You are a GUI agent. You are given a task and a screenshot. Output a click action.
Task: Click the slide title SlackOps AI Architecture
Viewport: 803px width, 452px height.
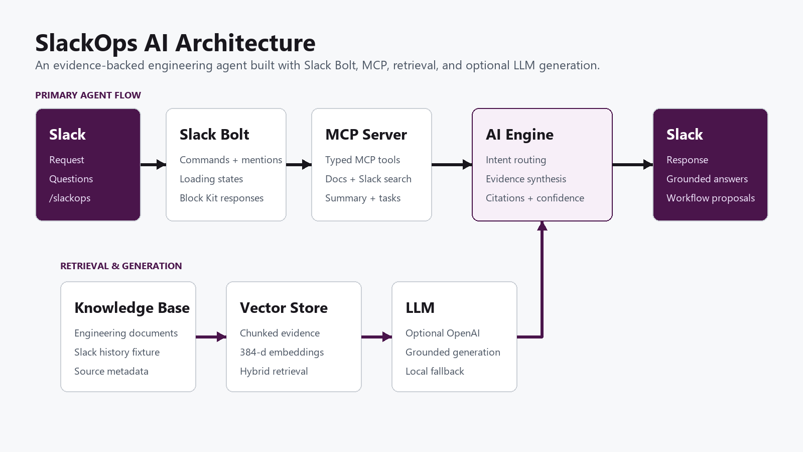point(175,43)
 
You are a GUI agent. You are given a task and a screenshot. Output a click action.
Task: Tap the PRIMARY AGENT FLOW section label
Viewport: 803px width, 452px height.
point(88,95)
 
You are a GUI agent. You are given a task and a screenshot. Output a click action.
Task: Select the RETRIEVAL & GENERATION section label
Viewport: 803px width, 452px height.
point(121,266)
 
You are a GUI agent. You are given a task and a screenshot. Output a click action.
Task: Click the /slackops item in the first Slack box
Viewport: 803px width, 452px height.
point(70,198)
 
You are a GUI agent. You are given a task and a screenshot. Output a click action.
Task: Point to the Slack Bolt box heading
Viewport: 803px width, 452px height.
point(214,135)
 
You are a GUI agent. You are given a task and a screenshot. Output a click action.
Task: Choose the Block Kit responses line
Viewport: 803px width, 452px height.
point(221,198)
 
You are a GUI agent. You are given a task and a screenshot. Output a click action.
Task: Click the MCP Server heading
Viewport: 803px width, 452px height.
point(366,135)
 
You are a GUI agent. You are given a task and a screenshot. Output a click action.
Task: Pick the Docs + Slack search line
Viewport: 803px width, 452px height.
point(368,179)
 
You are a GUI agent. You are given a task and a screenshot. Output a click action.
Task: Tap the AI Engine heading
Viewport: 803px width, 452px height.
point(519,135)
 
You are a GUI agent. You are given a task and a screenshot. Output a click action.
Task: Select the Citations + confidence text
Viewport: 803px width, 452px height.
point(535,198)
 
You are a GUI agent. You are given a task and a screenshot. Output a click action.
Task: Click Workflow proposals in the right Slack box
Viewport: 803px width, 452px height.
point(711,198)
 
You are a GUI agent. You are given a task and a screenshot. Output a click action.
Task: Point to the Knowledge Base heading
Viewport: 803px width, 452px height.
point(132,308)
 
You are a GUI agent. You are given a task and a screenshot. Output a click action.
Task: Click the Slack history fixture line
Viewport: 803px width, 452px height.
point(117,352)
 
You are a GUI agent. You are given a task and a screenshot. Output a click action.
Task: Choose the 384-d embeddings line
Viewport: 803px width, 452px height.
point(282,352)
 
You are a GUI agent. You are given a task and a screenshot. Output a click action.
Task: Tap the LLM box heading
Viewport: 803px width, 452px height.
point(420,308)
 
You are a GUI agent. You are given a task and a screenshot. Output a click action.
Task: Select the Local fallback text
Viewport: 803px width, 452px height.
point(435,371)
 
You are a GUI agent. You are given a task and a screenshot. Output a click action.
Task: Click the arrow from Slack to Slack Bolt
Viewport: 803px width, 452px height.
point(153,165)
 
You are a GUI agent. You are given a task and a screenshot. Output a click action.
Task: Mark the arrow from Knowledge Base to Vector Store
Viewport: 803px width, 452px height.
point(211,337)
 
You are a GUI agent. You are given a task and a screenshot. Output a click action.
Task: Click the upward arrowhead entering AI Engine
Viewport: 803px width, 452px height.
point(542,226)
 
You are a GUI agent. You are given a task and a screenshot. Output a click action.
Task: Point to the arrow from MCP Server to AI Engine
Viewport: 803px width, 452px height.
point(452,165)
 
